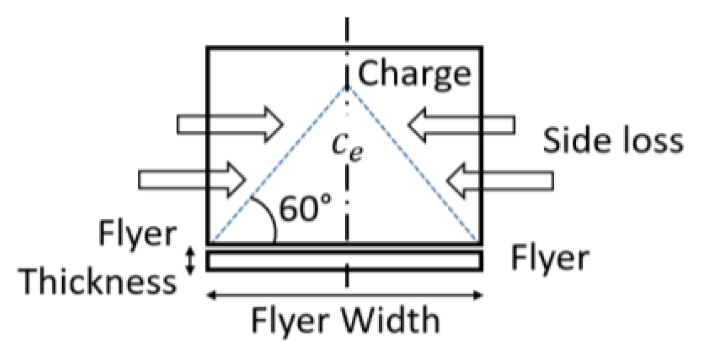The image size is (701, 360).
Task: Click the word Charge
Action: (414, 73)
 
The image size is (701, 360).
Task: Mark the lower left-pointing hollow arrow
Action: (500, 180)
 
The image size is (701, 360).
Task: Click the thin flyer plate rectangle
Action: (344, 261)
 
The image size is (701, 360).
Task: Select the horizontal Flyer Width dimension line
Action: (344, 295)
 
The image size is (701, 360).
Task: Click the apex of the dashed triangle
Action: (347, 85)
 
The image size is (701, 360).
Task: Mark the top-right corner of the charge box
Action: (481, 47)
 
